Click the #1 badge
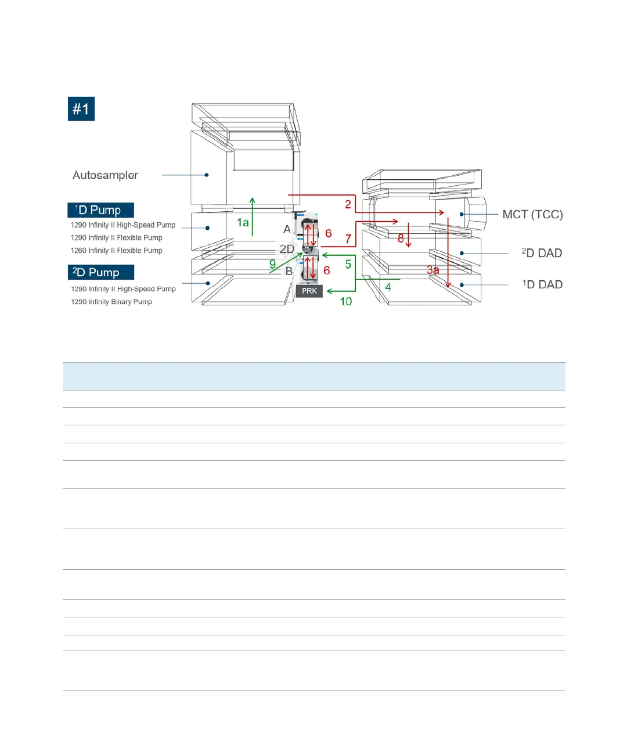tap(81, 109)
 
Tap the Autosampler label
tap(105, 175)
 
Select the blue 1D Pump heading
tap(100, 210)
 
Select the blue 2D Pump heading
tap(100, 272)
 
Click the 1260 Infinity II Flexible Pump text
tap(116, 251)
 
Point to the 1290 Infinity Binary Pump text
tap(111, 302)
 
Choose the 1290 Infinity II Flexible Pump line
tap(116, 238)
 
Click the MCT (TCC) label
tap(532, 215)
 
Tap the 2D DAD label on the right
tap(542, 253)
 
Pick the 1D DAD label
tap(542, 284)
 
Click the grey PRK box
tap(309, 291)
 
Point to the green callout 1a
tap(243, 223)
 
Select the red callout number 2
tap(348, 204)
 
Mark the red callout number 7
tap(348, 239)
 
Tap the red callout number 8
tap(401, 238)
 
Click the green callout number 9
tap(272, 265)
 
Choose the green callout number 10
tap(346, 302)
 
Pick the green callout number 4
tap(388, 287)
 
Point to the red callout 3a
tap(433, 270)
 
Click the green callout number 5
tap(348, 265)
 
